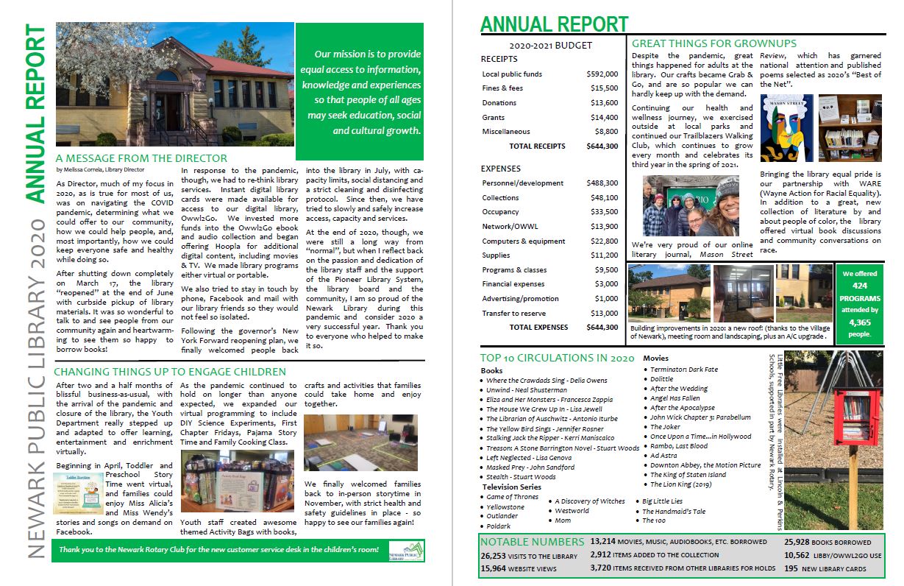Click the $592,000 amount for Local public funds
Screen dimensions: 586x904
tap(602, 74)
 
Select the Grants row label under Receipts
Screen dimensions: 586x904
tap(494, 117)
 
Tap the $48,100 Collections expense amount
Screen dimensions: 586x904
tap(602, 198)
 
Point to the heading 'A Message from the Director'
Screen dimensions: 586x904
tap(142, 158)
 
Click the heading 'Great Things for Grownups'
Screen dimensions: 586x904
tap(714, 43)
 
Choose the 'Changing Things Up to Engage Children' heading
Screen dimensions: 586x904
tap(170, 372)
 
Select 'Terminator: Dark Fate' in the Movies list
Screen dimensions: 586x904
tap(683, 370)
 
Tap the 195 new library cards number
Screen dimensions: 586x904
tap(791, 568)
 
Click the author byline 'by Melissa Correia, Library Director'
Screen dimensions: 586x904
tap(100, 169)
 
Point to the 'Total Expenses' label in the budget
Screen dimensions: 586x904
tap(538, 327)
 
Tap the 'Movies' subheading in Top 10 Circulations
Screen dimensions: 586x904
tap(656, 359)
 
